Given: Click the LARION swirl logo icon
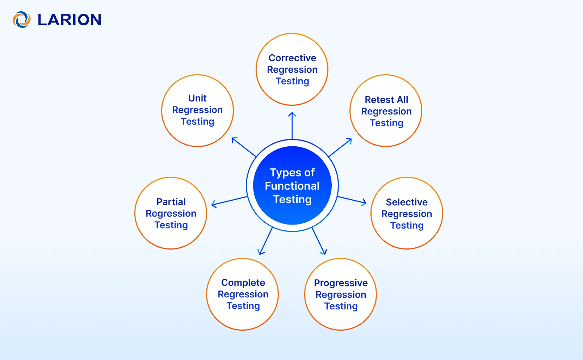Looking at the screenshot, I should coord(21,20).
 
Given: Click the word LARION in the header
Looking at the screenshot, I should coord(69,20).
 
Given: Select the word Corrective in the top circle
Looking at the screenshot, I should coord(292,58).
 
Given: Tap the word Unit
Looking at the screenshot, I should coord(197,98).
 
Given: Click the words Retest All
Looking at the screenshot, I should coord(386,100).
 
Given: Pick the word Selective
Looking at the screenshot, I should coord(406,202).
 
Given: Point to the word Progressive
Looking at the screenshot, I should coord(340,283).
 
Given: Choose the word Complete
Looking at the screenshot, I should coord(243,282).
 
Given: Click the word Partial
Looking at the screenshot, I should coord(171,202).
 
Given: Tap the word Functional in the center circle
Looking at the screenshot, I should coord(292,186).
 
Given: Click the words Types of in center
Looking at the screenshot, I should coord(292,172).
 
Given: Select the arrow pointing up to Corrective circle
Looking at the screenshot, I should coord(292,125).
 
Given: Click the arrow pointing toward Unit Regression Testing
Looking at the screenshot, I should coord(244,147).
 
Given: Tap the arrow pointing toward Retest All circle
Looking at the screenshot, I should coord(340,147).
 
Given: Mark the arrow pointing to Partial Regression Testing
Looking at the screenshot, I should coord(229,202).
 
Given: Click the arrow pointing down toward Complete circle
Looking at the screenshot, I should coord(266,241).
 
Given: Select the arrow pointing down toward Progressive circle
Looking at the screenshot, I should coord(319,241).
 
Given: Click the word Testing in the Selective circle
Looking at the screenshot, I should coord(406,225).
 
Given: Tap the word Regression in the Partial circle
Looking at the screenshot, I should coord(171,213).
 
